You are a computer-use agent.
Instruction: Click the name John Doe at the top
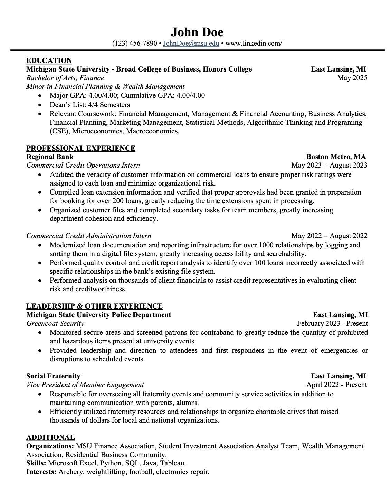[197, 32]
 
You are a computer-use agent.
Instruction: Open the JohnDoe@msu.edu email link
[191, 44]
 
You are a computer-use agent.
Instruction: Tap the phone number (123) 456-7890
[135, 44]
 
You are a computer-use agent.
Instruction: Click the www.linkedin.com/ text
[254, 44]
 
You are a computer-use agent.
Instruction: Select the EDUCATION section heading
[49, 60]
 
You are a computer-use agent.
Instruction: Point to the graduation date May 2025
[352, 78]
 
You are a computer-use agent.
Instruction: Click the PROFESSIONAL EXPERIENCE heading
[81, 148]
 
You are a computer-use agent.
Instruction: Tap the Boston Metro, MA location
[336, 157]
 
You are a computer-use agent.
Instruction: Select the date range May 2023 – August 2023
[329, 166]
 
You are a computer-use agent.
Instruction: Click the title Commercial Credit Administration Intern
[89, 236]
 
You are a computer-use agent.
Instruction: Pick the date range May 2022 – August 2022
[329, 236]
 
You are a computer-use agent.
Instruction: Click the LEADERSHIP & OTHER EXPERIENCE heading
[94, 306]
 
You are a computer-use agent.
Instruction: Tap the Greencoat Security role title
[55, 324]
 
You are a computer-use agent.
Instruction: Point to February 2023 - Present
[332, 324]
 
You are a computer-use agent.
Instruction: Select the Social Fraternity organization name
[53, 376]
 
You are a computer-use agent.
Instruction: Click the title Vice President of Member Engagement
[85, 385]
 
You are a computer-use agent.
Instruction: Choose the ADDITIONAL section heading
[50, 437]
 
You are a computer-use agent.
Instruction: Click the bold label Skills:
[36, 463]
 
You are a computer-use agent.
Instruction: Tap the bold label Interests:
[41, 472]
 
